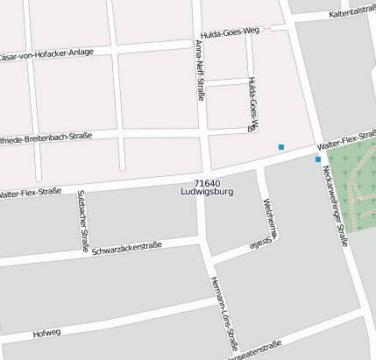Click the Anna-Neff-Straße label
click(x=201, y=70)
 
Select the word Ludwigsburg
click(x=207, y=192)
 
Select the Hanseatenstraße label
click(x=254, y=348)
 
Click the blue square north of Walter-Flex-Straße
click(x=280, y=147)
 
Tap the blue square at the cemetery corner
click(x=317, y=159)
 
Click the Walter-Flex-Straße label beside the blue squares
click(x=347, y=139)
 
